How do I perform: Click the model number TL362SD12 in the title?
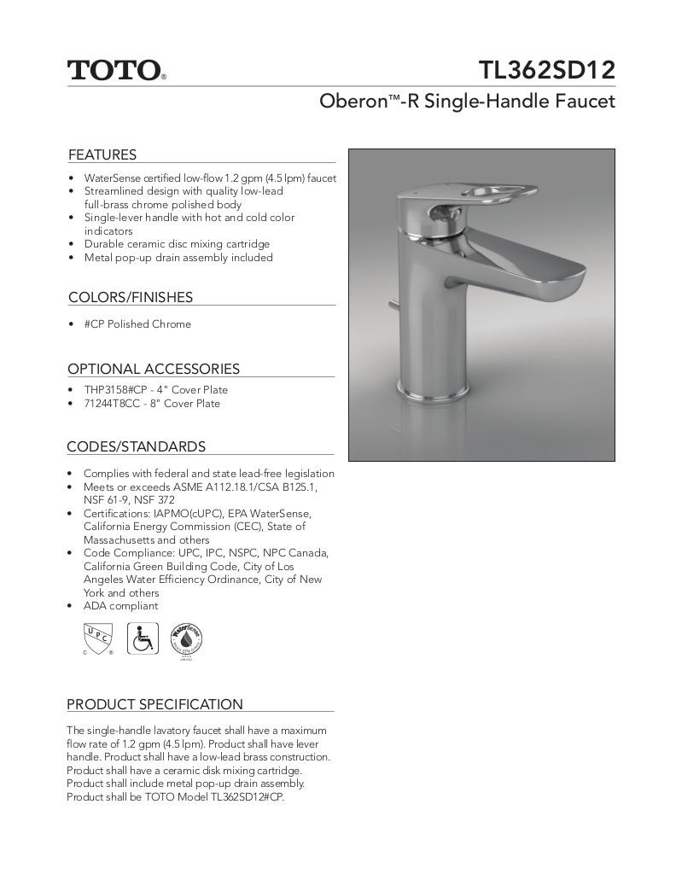point(546,68)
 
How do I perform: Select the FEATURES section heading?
point(102,154)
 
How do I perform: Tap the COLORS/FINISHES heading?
point(131,297)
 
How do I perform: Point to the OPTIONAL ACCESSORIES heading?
point(154,369)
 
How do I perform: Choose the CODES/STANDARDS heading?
point(136,446)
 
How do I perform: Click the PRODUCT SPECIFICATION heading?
point(154,704)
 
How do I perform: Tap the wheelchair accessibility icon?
point(143,638)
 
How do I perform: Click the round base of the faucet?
point(434,393)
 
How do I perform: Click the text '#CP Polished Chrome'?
point(137,324)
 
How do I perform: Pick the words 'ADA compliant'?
point(120,606)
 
